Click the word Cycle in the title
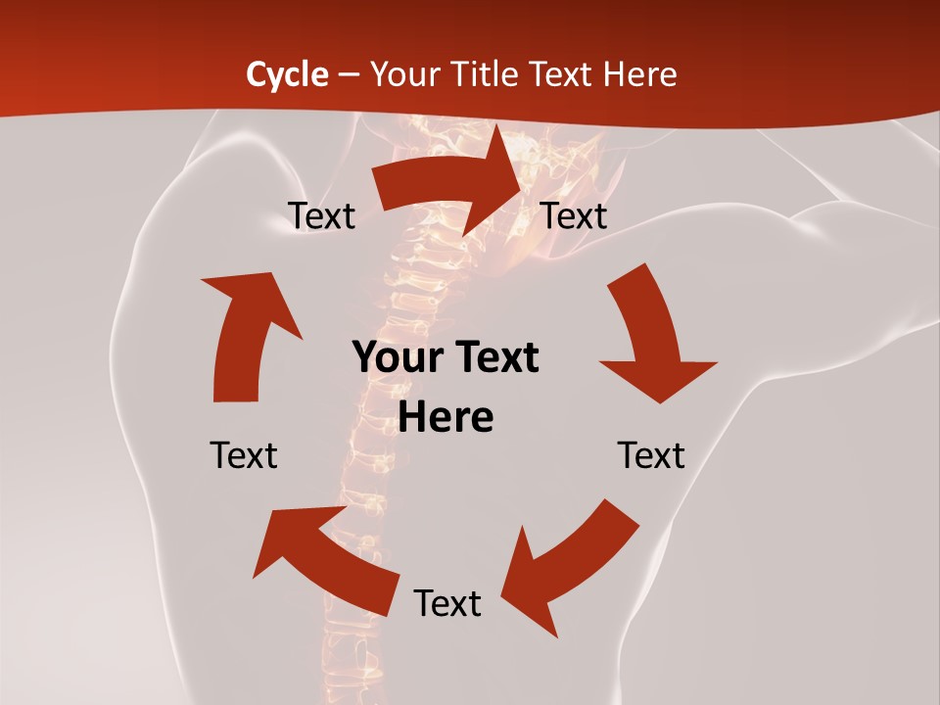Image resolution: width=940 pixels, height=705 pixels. tap(287, 74)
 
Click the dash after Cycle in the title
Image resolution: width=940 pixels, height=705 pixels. tap(348, 75)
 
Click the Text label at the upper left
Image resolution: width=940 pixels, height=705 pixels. tap(321, 215)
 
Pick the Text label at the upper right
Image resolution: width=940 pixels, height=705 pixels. tap(574, 215)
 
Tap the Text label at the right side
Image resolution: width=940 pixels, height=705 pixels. tap(651, 455)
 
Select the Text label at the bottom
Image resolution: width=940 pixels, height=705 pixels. tap(447, 603)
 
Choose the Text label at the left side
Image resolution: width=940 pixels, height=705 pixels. tap(244, 455)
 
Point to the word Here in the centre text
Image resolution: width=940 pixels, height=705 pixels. tap(446, 417)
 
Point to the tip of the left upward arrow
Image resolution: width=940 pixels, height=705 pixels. tap(203, 279)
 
